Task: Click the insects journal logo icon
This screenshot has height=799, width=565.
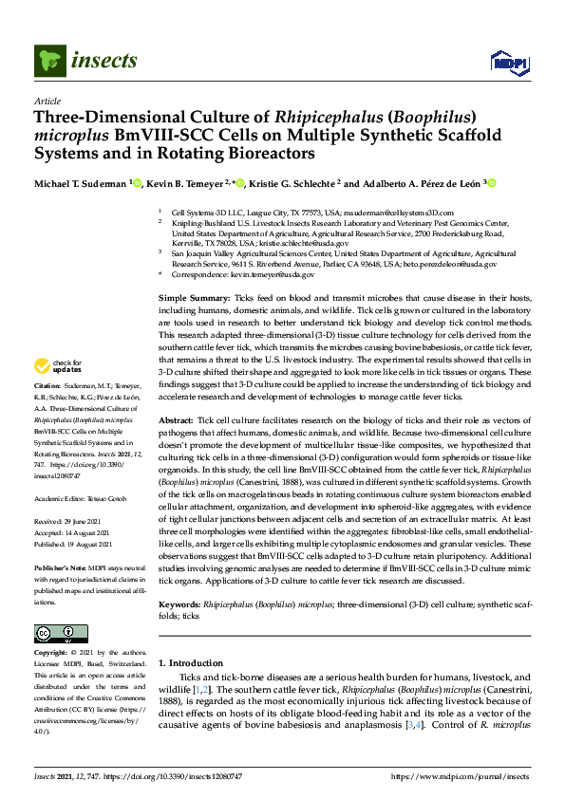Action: coord(49,62)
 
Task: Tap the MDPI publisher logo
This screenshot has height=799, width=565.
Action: coord(507,64)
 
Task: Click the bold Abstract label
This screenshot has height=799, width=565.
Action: coord(176,419)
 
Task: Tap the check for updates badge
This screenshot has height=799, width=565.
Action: coord(60,366)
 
